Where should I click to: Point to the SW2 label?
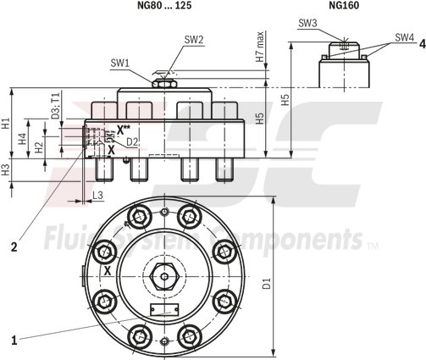pos(194,40)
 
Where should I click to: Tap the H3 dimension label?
pos(7,169)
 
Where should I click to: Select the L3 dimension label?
pos(97,196)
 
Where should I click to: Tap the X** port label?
pos(124,130)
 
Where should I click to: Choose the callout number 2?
pos(14,247)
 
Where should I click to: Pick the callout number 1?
pos(14,340)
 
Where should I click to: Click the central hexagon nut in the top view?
pos(163,277)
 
